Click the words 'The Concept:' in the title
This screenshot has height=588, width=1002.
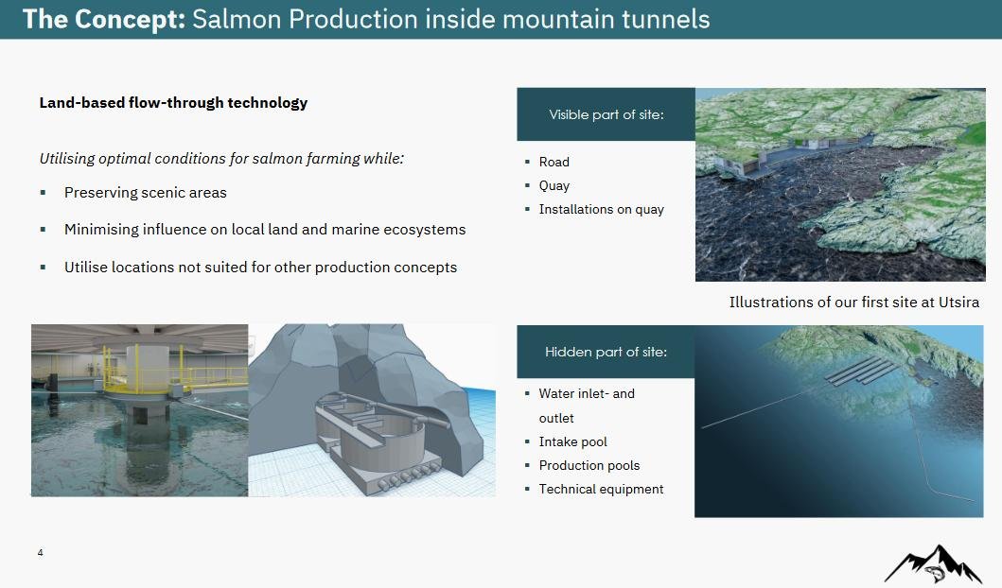click(x=103, y=19)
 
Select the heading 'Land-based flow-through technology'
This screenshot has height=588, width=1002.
click(x=173, y=103)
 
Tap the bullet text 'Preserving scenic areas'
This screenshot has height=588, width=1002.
click(x=145, y=193)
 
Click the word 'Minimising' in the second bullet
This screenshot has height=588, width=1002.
click(x=99, y=229)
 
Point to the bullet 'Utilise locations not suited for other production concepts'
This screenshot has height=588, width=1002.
click(x=261, y=267)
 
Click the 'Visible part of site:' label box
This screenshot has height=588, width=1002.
click(x=606, y=114)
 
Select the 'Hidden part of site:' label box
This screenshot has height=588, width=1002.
click(x=606, y=352)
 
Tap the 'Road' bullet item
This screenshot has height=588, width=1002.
click(x=554, y=163)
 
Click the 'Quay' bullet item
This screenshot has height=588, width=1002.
click(x=554, y=186)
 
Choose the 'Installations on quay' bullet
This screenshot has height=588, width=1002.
click(x=602, y=210)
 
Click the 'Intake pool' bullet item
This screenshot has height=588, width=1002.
click(x=572, y=441)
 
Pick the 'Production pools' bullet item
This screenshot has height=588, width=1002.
click(x=589, y=465)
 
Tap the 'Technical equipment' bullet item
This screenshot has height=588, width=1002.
click(x=601, y=489)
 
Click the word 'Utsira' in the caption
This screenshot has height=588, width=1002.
click(x=958, y=302)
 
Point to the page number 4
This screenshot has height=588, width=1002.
click(x=41, y=553)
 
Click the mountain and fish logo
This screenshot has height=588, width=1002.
click(x=933, y=563)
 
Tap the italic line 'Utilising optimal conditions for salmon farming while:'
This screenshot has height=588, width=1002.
click(x=221, y=158)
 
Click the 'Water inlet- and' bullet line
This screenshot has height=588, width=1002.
click(x=587, y=394)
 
